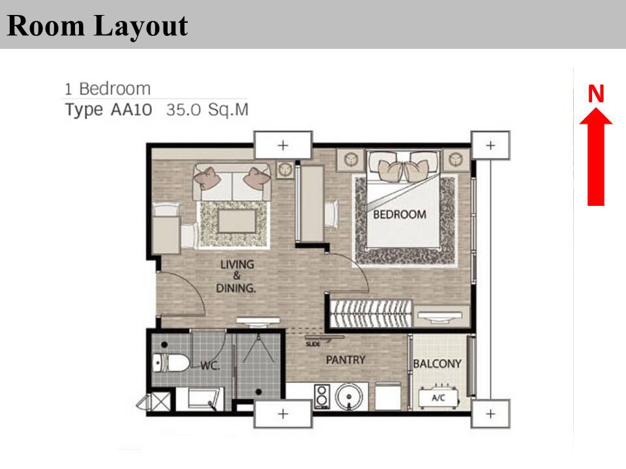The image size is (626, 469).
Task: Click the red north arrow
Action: tap(595, 156)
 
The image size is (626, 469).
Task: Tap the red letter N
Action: tap(595, 93)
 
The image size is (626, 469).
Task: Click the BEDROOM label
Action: tap(400, 214)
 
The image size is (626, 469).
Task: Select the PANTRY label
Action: tap(346, 360)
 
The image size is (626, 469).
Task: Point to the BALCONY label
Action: tap(437, 363)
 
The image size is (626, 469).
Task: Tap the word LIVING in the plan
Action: tap(237, 264)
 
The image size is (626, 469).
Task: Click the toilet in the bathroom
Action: tap(170, 363)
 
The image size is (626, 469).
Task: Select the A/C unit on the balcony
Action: tap(438, 397)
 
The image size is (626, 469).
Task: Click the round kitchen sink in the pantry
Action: tap(348, 397)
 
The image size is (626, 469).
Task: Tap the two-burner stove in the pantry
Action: tap(321, 397)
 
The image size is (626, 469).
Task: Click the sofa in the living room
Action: tap(232, 182)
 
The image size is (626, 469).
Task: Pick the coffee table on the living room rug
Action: tap(237, 221)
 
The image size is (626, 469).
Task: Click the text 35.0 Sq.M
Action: tap(207, 109)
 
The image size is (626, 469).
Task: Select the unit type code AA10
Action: tap(131, 109)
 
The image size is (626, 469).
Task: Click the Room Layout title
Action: tap(97, 25)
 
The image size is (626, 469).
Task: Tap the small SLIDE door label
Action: tap(312, 344)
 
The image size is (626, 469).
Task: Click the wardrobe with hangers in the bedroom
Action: tap(371, 313)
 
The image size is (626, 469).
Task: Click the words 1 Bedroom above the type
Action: tap(108, 89)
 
